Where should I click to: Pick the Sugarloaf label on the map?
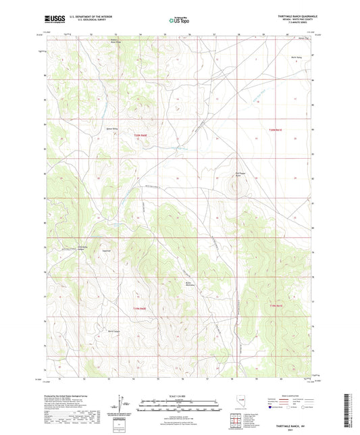pos(105,250)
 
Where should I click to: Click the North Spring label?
pos(294,59)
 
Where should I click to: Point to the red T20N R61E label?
pos(278,128)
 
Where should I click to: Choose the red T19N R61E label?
pos(278,307)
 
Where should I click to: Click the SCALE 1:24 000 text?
pos(179,395)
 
